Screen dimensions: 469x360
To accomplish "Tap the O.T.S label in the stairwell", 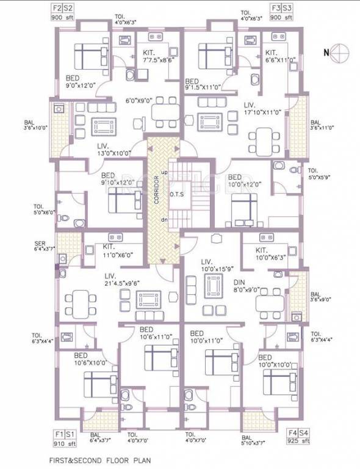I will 178,194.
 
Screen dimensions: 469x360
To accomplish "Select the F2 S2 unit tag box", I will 63,9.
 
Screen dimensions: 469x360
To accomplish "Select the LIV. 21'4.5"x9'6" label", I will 123,279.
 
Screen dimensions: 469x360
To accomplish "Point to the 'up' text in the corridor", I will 164,172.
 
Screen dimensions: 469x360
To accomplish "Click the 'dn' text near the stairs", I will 164,219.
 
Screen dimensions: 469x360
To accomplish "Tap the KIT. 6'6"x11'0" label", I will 280,56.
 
